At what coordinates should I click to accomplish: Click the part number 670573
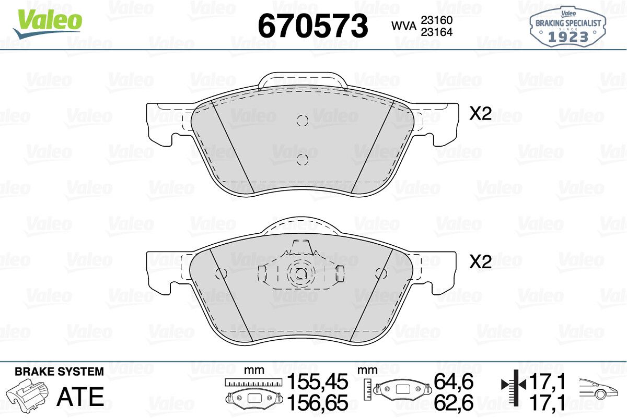pyautogui.click(x=313, y=26)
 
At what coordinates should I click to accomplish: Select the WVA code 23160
pyautogui.click(x=437, y=20)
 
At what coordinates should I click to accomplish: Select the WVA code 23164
pyautogui.click(x=437, y=32)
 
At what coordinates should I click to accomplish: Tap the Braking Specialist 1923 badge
pyautogui.click(x=568, y=27)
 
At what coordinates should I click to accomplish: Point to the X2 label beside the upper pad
pyautogui.click(x=480, y=114)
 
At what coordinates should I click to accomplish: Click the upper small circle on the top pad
pyautogui.click(x=303, y=121)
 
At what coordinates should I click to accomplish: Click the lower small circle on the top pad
pyautogui.click(x=303, y=160)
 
